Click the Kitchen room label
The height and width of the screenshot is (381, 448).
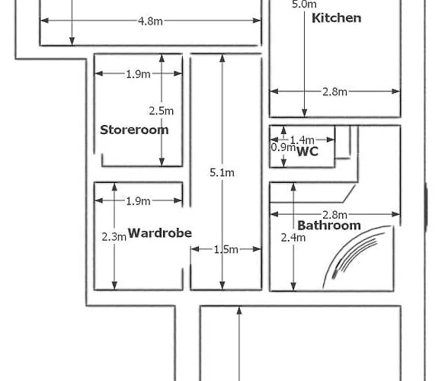[336, 18]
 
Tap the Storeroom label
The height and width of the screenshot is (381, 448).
[134, 130]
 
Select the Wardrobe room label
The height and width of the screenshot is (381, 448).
[160, 233]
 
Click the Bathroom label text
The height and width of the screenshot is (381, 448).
[329, 226]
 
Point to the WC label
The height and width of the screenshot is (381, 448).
[308, 151]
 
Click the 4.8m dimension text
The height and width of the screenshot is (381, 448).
[150, 21]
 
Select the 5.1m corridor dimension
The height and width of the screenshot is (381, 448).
[222, 173]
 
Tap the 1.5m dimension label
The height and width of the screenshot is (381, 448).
[226, 250]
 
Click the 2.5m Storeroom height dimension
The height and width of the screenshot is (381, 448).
[162, 111]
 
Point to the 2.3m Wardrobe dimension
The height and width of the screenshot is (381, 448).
[114, 237]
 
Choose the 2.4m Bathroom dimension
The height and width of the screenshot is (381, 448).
[293, 238]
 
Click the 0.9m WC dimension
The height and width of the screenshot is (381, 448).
[283, 148]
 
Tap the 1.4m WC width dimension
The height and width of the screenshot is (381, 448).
[302, 140]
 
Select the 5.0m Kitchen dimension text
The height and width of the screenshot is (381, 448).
[304, 4]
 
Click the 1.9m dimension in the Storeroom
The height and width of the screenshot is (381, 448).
[139, 75]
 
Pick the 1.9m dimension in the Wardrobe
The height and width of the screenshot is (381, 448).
[139, 201]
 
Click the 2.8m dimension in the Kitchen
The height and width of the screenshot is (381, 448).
[335, 91]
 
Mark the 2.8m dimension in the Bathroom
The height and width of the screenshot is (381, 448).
[335, 215]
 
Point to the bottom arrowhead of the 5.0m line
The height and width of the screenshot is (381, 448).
[305, 113]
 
